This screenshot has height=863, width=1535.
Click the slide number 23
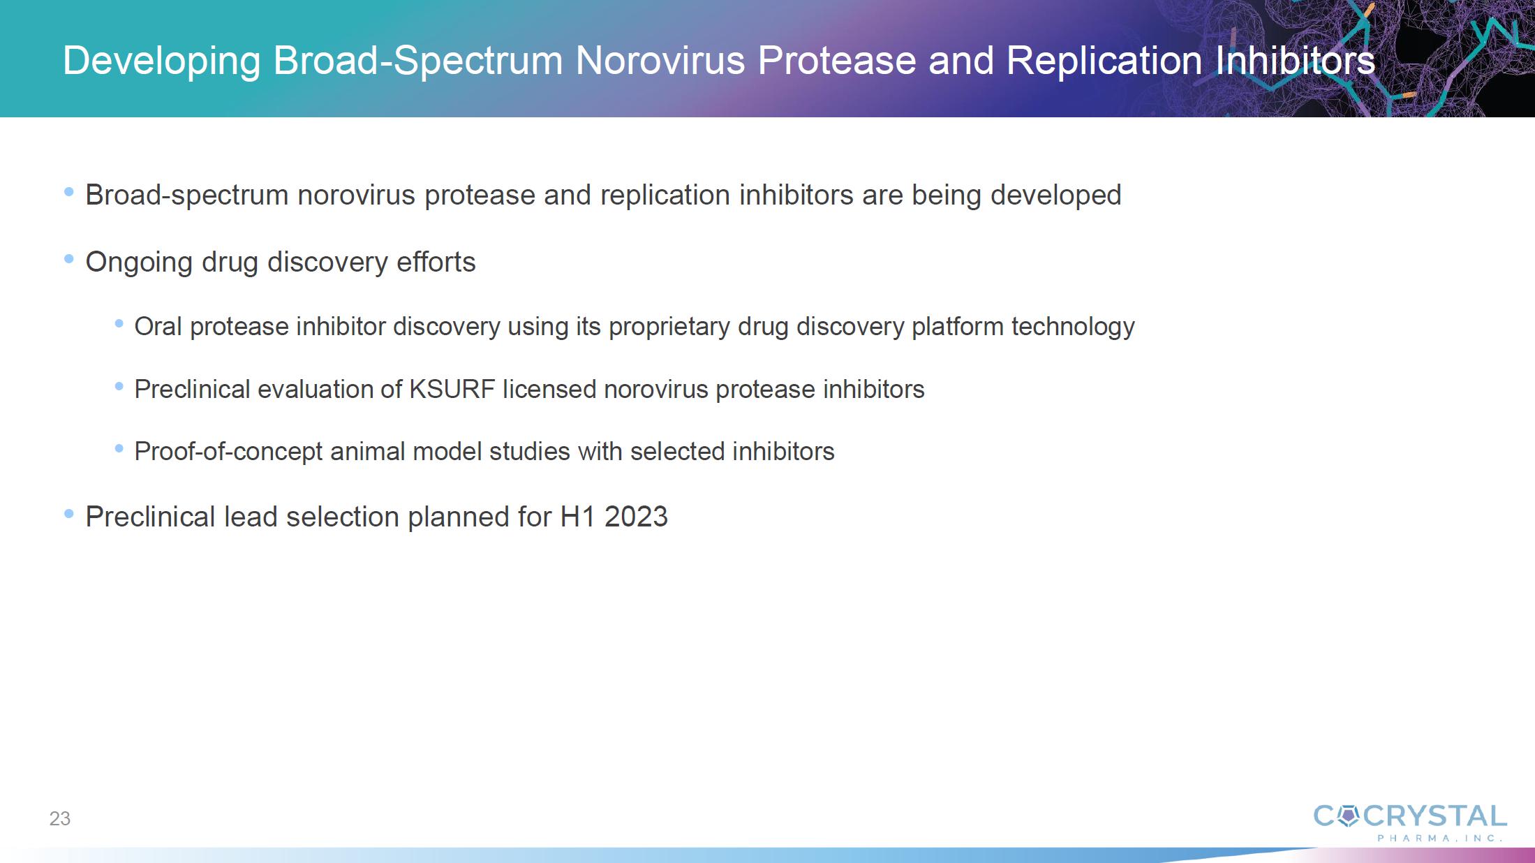click(60, 818)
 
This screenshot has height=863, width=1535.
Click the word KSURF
click(452, 389)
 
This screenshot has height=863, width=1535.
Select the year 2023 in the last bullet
click(636, 517)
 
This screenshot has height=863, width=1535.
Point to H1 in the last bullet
click(577, 517)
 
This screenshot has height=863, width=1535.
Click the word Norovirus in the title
click(660, 60)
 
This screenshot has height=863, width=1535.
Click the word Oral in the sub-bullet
click(158, 326)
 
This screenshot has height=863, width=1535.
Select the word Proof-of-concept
click(228, 452)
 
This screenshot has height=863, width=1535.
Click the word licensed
click(549, 389)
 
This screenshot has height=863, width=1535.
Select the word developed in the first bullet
click(1055, 196)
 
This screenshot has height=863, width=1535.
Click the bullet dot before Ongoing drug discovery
click(68, 259)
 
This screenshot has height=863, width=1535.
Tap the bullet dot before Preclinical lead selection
click(68, 514)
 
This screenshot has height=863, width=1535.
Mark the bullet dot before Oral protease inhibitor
click(119, 323)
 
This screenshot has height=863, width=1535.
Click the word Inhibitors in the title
click(1295, 60)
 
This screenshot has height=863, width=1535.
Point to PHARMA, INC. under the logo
click(1440, 838)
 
